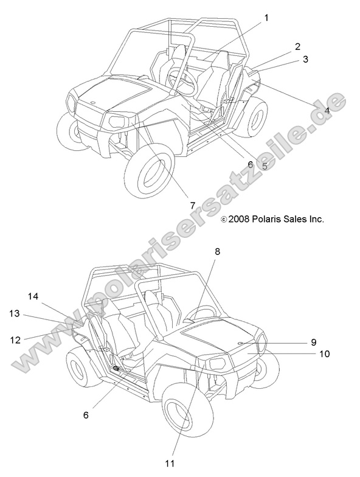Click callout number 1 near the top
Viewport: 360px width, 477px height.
tap(266, 18)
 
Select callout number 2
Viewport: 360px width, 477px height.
tap(297, 46)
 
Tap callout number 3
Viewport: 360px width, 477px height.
tap(305, 59)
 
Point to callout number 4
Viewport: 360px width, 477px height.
tap(327, 110)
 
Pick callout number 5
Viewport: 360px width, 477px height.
tap(264, 166)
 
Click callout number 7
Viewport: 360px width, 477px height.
tap(192, 206)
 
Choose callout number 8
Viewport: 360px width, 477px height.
tap(217, 252)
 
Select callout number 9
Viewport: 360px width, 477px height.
tap(314, 342)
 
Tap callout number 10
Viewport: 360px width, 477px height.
tap(325, 354)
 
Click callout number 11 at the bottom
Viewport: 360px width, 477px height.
tap(170, 464)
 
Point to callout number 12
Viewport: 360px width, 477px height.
tap(15, 339)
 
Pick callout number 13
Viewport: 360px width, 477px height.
tap(15, 313)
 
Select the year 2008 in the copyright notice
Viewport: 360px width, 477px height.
tap(239, 219)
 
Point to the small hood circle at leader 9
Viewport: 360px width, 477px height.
tap(240, 343)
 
